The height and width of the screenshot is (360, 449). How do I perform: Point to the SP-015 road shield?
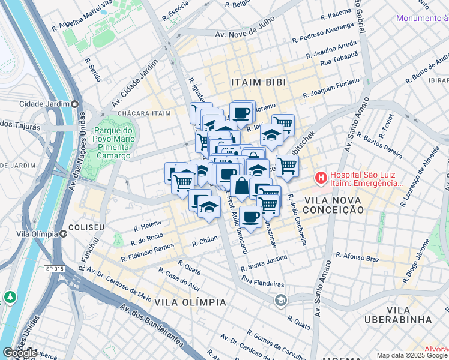tap(54, 269)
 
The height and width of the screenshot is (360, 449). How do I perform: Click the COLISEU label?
tap(86, 228)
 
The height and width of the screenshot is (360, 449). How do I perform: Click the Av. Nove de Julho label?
tap(244, 35)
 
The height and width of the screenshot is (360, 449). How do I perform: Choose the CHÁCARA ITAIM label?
tap(140, 113)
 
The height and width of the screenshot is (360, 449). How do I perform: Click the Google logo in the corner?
tap(20, 353)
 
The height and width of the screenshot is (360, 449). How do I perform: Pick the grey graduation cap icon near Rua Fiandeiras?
tap(280, 300)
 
